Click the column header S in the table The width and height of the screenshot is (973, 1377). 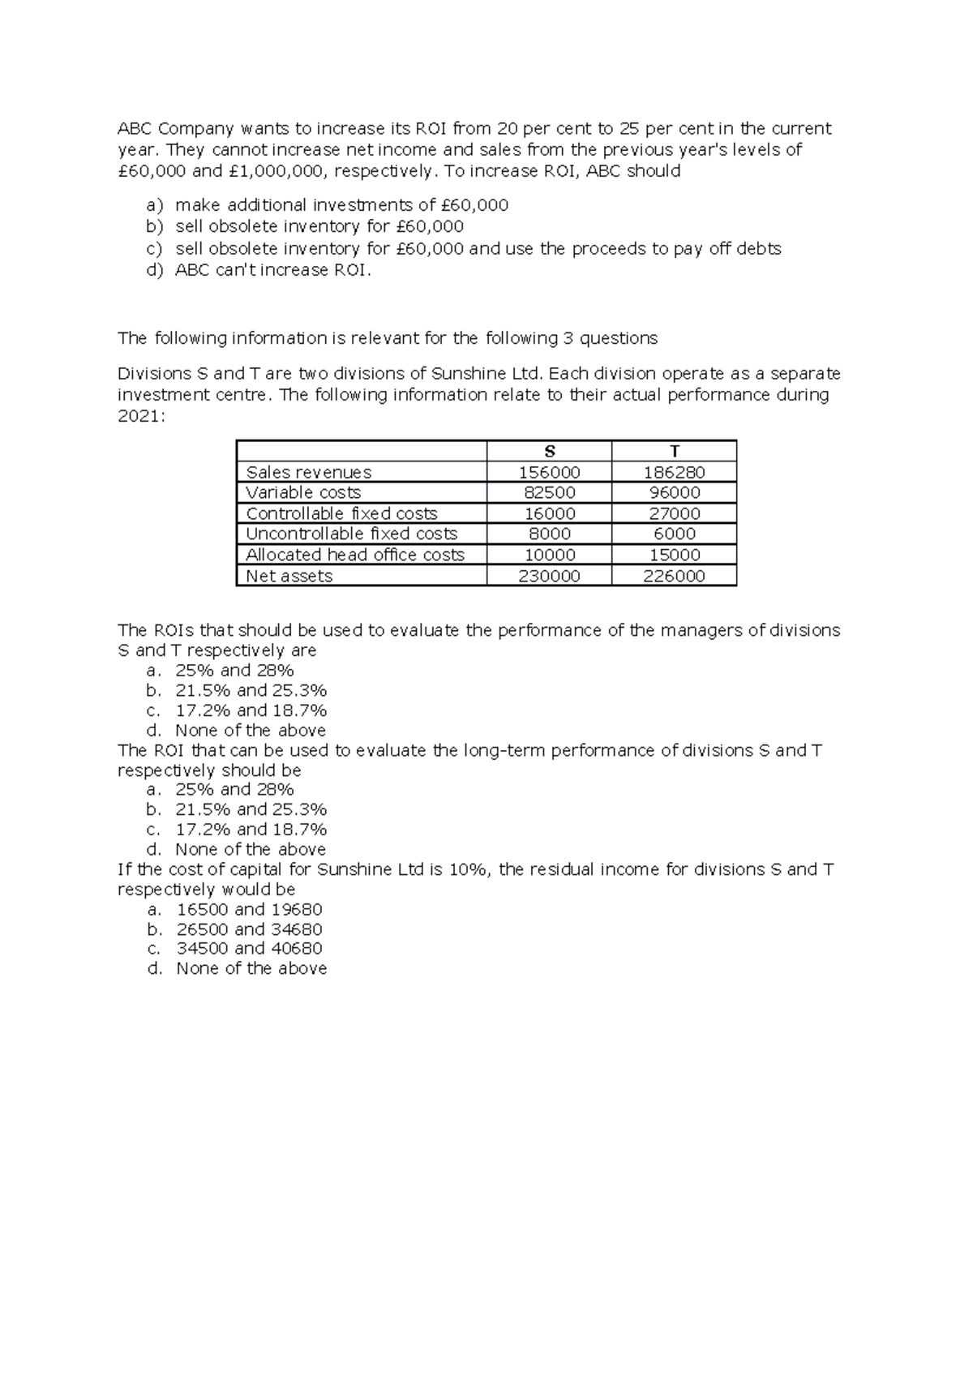(550, 452)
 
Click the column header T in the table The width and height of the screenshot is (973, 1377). (675, 452)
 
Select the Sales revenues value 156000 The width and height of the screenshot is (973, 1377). (550, 472)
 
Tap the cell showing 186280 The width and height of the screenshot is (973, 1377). (675, 472)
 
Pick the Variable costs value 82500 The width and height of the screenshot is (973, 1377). (550, 493)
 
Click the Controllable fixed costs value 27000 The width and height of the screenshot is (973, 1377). (675, 513)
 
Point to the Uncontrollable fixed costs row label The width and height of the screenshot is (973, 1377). (351, 534)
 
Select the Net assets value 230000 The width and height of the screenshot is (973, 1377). (550, 576)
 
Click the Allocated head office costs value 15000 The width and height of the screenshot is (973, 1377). (675, 555)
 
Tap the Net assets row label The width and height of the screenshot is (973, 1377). (289, 576)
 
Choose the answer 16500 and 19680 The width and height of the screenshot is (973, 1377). (249, 909)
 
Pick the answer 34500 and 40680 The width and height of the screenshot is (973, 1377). (249, 948)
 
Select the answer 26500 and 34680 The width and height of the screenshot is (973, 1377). (249, 929)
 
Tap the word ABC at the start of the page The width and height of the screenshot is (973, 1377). (135, 129)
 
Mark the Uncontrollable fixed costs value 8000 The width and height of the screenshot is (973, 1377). (550, 534)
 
